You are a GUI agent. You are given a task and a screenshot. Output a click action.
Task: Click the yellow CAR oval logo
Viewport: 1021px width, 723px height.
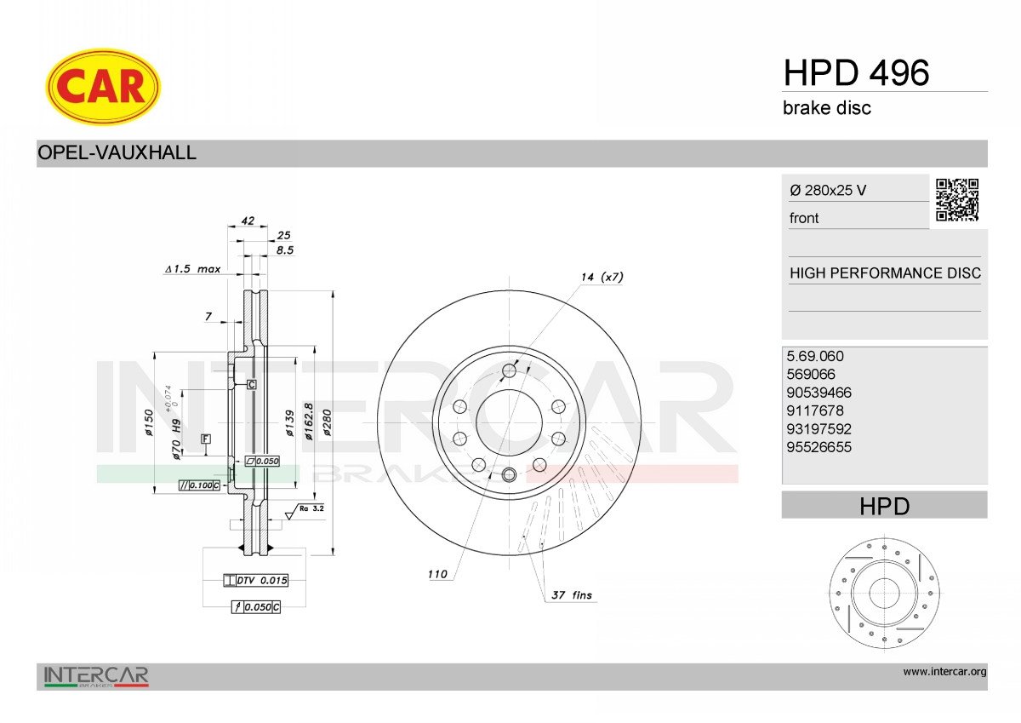coord(103,87)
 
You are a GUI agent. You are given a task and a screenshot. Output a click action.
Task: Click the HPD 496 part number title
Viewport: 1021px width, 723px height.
coord(856,73)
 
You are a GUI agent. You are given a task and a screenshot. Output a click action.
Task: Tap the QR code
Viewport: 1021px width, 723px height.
coord(957,200)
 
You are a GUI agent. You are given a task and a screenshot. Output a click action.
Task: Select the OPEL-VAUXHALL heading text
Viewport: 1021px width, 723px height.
coord(117,152)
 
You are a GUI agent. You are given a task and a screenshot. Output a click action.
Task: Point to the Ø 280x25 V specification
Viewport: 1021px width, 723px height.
coord(828,190)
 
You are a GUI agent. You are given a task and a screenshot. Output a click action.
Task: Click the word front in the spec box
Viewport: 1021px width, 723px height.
coord(804,218)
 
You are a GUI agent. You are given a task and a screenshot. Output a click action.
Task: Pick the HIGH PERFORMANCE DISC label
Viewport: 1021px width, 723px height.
coord(885,273)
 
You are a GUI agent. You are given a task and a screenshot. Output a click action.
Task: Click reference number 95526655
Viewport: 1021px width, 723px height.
coord(819,447)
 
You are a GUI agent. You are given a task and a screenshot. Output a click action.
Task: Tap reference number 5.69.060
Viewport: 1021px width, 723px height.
coord(815,356)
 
